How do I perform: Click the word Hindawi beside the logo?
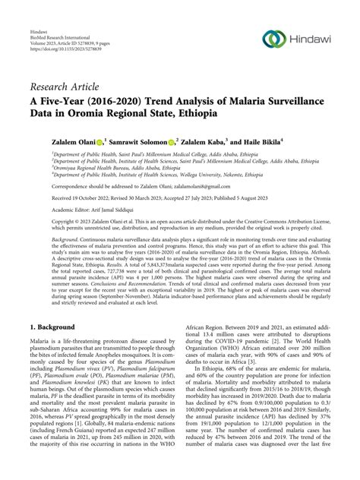(310, 39)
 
